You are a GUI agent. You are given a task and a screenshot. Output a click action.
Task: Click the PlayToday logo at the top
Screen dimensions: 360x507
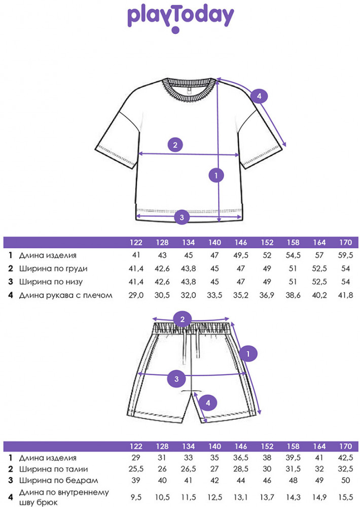point(181,19)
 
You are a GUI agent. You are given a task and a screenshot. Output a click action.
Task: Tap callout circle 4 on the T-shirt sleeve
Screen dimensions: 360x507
point(259,96)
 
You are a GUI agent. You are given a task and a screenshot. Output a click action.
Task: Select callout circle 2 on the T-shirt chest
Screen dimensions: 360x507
point(175,145)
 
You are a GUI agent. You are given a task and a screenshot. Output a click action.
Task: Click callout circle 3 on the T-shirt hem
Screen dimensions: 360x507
point(182,218)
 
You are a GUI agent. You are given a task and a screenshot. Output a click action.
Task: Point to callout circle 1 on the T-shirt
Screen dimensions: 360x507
point(217,175)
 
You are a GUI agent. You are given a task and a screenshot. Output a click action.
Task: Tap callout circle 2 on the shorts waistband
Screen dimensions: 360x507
point(183,319)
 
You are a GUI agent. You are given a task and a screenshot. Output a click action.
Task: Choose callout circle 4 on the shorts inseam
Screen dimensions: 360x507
point(208,403)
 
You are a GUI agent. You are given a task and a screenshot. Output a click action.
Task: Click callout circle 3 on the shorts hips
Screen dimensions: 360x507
point(176,379)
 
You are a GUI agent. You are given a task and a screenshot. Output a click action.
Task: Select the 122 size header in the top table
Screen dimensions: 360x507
point(136,242)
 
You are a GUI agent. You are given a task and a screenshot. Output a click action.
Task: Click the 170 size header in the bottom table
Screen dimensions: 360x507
point(345,446)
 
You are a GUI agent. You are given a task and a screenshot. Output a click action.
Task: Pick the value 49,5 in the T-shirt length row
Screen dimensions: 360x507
point(241,256)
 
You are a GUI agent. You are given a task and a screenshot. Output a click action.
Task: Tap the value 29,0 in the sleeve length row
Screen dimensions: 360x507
point(136,295)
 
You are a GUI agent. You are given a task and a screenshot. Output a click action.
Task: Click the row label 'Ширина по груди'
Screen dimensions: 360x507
point(53,269)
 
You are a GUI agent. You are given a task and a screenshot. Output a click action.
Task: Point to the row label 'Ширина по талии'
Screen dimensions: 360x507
point(54,469)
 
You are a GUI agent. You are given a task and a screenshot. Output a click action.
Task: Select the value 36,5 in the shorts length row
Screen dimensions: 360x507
point(241,458)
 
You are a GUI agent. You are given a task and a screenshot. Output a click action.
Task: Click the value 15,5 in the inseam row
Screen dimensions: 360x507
point(345,497)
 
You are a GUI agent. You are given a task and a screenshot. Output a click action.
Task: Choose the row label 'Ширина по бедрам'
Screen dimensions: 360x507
point(58,481)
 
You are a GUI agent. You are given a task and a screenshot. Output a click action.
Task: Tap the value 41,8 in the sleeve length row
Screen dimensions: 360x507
point(345,295)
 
